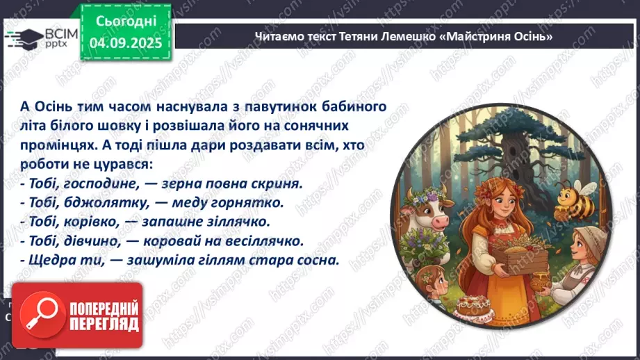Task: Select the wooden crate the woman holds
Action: pyautogui.click(x=515, y=260)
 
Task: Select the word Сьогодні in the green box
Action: pyautogui.click(x=126, y=21)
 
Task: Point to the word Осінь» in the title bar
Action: pyautogui.click(x=532, y=37)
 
